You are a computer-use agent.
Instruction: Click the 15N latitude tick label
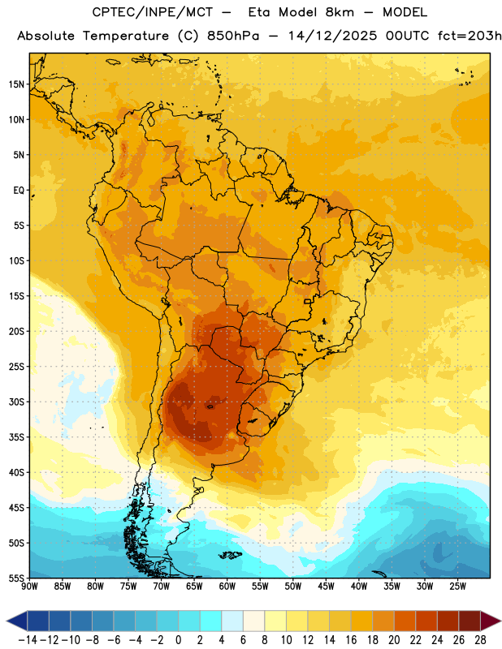click(16, 84)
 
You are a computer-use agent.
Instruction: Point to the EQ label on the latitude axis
click(19, 191)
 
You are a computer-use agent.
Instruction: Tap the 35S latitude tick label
click(16, 437)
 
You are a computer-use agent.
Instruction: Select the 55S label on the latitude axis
click(16, 578)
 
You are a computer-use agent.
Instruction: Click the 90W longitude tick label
click(29, 587)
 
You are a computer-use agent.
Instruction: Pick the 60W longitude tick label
click(227, 587)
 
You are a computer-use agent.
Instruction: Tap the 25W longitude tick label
click(457, 587)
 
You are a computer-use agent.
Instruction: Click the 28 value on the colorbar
click(480, 640)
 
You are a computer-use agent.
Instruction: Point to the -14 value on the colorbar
click(28, 640)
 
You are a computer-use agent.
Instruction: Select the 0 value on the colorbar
click(179, 640)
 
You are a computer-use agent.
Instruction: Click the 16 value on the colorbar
click(351, 640)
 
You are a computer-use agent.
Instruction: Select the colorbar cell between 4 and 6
click(232, 621)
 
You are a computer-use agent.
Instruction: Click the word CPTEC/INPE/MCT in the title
click(153, 12)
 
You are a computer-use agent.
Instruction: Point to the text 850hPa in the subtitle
click(233, 36)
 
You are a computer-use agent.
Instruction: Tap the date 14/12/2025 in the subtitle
click(332, 36)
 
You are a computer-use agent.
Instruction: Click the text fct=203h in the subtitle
click(470, 36)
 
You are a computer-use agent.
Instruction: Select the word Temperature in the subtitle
click(126, 36)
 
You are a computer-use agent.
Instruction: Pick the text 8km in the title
click(340, 12)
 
